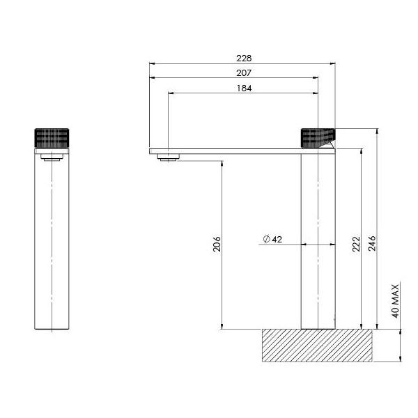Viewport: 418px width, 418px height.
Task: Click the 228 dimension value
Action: (243, 58)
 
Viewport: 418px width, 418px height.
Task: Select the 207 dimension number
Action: (243, 72)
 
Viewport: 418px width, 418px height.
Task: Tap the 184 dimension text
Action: (243, 88)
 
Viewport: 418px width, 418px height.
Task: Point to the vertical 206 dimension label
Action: (217, 245)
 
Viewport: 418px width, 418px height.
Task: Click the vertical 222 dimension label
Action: (356, 244)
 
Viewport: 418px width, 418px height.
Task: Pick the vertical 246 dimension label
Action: (372, 244)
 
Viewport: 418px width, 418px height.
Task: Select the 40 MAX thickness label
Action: (395, 300)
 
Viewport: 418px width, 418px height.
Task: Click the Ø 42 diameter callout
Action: (272, 239)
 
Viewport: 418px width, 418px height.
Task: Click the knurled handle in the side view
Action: (318, 138)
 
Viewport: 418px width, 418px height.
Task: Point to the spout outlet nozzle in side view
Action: (167, 157)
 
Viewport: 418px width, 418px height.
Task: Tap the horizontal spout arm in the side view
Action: (230, 150)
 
